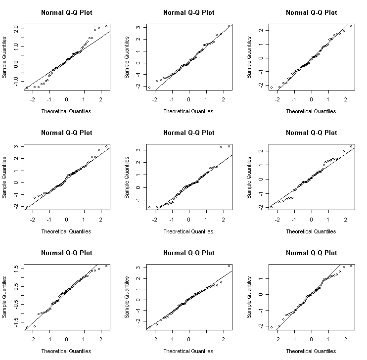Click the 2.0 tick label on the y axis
(16, 30)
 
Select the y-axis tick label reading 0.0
(16, 64)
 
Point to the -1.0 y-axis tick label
(16, 80)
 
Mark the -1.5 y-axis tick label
(16, 320)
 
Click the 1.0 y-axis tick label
(16, 46)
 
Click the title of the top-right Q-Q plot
(311, 12)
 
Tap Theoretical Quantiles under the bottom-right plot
(311, 351)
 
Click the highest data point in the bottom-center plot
(229, 266)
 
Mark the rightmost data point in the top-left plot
(106, 26)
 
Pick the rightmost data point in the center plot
(229, 146)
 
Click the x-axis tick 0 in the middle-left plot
(67, 221)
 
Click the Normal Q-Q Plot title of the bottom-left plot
(67, 253)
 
